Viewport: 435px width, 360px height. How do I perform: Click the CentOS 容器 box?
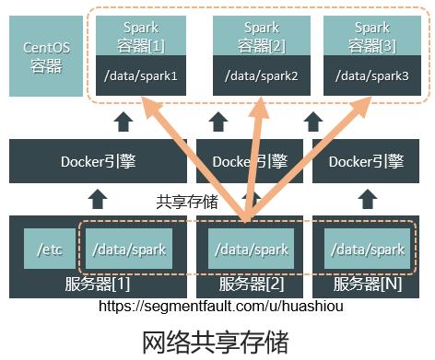42,54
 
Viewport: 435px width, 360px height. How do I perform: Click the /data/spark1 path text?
138,75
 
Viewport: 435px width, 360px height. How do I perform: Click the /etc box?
47,250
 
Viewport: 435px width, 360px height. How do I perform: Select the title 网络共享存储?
217,340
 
